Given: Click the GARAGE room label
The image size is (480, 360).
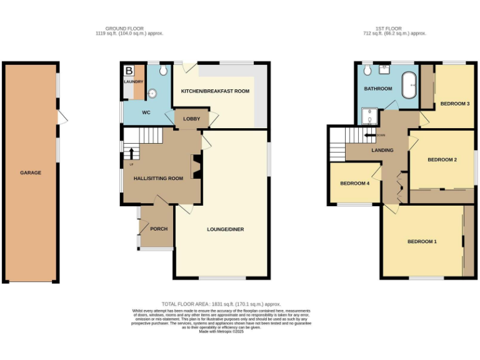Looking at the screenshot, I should click(30, 172).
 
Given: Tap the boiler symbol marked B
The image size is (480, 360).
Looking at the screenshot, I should click(129, 71).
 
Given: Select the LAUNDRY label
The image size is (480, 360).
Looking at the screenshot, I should click(133, 82).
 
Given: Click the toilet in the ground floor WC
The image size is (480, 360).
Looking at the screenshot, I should click(163, 69).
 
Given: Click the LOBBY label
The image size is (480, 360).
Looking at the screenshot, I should click(191, 119).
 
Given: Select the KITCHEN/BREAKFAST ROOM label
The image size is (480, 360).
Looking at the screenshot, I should click(215, 91).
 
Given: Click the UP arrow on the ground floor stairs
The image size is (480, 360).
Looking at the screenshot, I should click(132, 152).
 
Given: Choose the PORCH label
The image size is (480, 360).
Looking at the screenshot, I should click(159, 229).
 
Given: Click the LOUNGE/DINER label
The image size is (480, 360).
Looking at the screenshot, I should click(225, 229).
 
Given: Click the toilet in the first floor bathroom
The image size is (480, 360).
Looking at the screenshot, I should click(367, 71).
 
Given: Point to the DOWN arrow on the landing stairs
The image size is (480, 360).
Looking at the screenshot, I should click(372, 135).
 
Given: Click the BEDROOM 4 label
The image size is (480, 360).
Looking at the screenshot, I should click(354, 184).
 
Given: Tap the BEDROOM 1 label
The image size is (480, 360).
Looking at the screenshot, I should click(422, 242).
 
